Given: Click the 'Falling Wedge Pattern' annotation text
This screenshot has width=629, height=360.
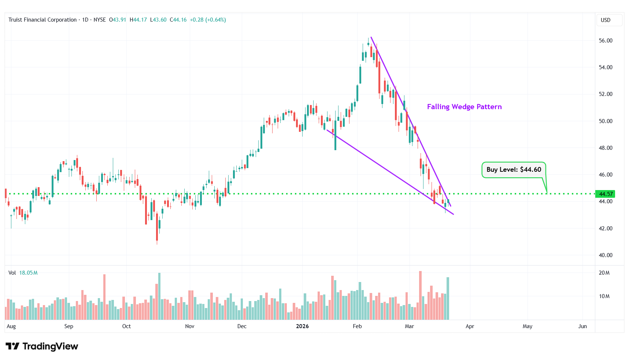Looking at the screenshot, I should (x=464, y=107).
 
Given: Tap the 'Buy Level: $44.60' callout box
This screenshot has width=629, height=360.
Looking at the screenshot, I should (x=514, y=170).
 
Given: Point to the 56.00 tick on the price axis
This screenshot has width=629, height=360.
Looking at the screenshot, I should (x=606, y=41).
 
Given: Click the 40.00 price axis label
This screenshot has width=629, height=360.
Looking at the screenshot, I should (x=606, y=255).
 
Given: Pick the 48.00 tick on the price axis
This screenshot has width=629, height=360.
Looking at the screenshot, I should (x=606, y=148).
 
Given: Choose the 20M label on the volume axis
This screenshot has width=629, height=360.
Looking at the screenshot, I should (x=604, y=273).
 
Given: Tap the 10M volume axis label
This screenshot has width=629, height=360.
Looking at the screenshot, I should (x=604, y=296).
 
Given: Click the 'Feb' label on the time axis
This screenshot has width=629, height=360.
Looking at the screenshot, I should (x=357, y=326).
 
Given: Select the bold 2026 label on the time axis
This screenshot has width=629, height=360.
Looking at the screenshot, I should (x=302, y=326).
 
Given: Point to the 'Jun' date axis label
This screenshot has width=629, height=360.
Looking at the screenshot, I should (x=582, y=326).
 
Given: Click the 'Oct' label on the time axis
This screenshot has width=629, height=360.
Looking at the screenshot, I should (x=126, y=326).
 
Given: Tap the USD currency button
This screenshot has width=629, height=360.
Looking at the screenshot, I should (x=606, y=20).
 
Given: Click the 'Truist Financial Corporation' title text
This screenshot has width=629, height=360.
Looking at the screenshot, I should (x=42, y=20).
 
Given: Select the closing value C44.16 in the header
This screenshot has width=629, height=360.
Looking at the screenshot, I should (x=178, y=20).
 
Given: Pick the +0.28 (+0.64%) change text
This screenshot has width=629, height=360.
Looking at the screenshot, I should (x=208, y=20).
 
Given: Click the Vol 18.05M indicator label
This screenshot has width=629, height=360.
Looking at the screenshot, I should (x=23, y=273).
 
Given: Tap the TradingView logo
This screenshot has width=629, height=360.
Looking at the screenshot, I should (x=42, y=346).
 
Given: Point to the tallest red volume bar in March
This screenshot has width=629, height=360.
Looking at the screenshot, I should (x=420, y=295).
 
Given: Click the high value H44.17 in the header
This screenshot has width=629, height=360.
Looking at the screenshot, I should (x=138, y=20).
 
